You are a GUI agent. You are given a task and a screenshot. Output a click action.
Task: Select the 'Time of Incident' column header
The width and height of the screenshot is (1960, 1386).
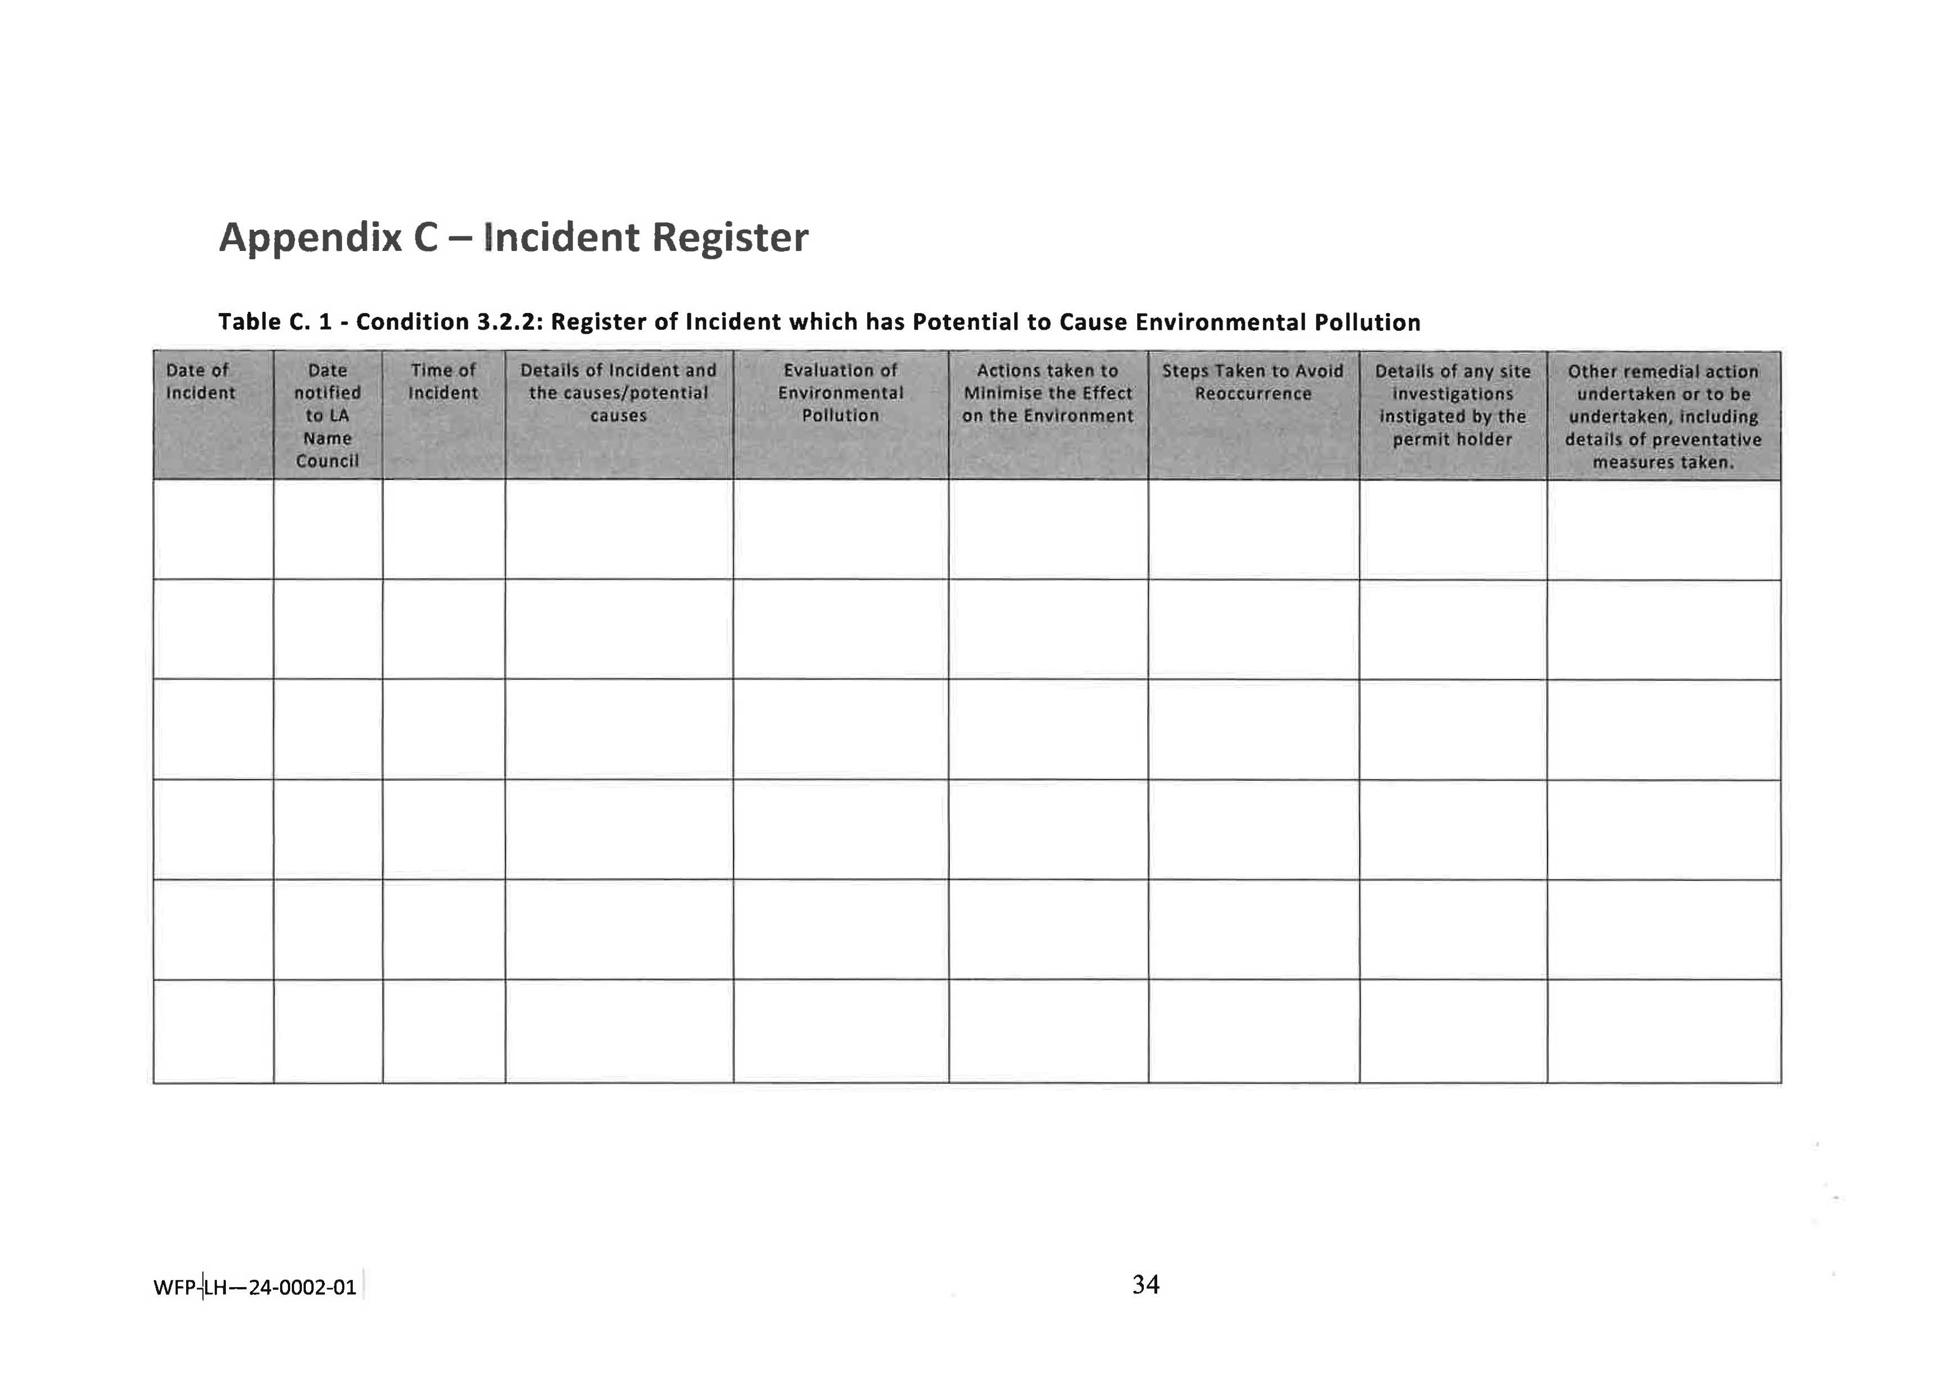[x=443, y=382]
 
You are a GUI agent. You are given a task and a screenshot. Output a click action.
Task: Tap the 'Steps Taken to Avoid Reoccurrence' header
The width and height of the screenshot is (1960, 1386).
[x=1252, y=382]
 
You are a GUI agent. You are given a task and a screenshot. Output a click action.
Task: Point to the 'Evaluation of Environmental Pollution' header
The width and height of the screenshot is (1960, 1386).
[x=840, y=392]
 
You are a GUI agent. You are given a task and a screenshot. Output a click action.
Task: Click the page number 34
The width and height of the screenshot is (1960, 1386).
[x=1145, y=1284]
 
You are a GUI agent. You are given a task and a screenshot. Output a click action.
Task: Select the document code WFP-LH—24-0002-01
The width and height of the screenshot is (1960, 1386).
[x=254, y=1287]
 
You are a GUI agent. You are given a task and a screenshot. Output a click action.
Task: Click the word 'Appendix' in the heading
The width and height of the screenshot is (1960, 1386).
[x=310, y=238]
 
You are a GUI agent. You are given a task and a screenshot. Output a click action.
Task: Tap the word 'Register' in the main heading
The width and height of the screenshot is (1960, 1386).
[x=730, y=238]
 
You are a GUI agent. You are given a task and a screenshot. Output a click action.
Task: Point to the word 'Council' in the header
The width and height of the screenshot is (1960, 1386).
[x=327, y=461]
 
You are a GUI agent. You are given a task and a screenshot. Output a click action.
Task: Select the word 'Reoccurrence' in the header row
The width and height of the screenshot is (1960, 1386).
[x=1252, y=393]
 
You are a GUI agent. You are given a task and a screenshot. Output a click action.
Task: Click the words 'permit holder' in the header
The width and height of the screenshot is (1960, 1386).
[x=1452, y=439]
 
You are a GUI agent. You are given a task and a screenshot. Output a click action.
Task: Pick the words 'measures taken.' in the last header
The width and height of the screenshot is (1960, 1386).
[x=1663, y=463]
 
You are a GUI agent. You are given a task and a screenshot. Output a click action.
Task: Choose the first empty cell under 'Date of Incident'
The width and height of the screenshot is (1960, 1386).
[x=214, y=529]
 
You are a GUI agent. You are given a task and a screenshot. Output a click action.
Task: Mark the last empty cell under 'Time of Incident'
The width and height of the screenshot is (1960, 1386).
[x=443, y=1031]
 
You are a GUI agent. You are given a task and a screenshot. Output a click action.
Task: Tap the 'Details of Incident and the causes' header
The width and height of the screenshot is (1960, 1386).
[x=618, y=392]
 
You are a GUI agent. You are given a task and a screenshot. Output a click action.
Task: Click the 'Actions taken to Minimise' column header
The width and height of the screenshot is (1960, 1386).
[x=1048, y=392]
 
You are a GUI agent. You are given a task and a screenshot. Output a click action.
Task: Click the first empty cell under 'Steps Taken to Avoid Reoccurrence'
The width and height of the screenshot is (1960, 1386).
[x=1253, y=529]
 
